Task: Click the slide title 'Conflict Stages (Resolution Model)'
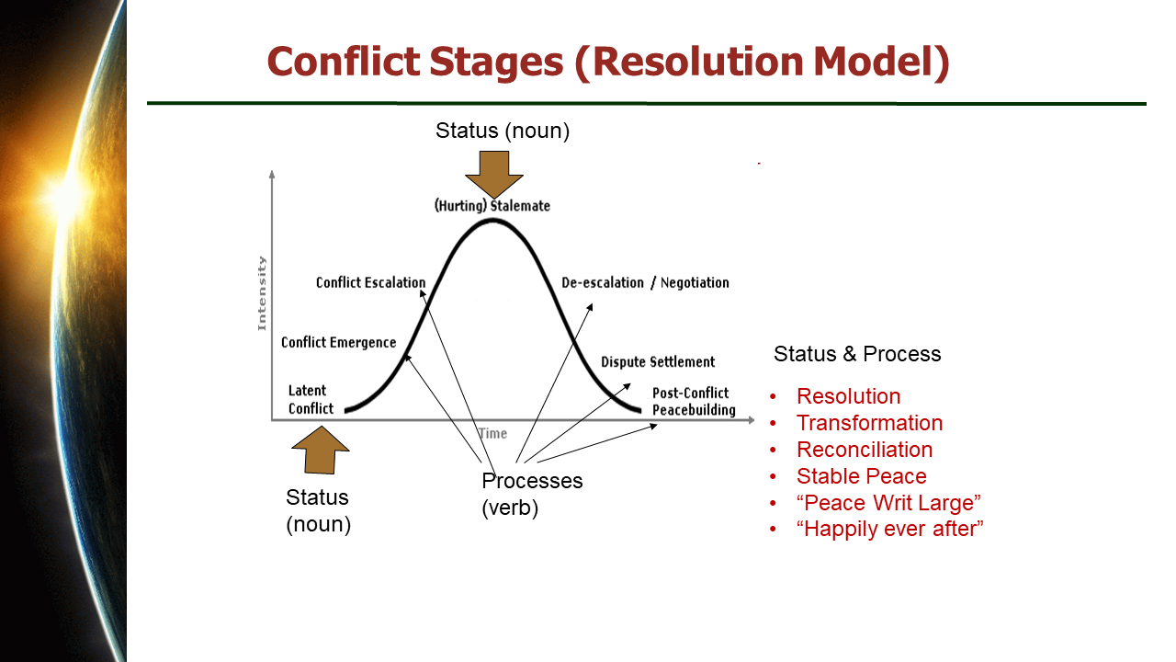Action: pos(608,62)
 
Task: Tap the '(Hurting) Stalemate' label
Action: pos(492,206)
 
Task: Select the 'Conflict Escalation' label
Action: pos(370,282)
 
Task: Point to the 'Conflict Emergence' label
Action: pos(338,342)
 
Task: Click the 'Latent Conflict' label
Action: pos(310,400)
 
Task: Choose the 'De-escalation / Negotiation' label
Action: pos(645,282)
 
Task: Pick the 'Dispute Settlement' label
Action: pos(658,361)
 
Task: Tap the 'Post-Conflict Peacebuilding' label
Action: pos(694,401)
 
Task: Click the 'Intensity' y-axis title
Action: pos(261,293)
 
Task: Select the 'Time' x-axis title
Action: pos(492,433)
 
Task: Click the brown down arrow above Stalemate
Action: pos(493,173)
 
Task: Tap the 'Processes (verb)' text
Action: pos(532,494)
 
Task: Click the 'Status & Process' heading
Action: pos(857,354)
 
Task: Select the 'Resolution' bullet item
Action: pos(848,396)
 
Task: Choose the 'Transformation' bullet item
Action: pos(869,423)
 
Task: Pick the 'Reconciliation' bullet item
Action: pos(864,450)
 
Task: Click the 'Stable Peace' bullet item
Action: pos(861,476)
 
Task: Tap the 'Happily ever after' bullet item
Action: pos(889,530)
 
